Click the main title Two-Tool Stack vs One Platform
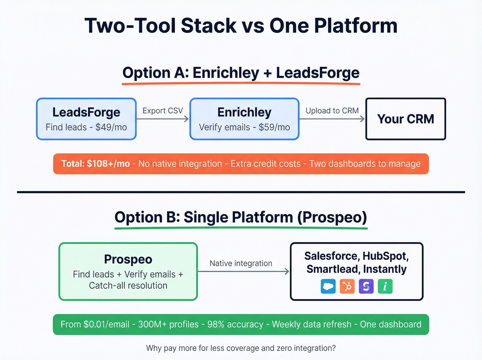point(241,25)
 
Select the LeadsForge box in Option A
point(86,119)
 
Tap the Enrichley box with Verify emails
point(244,119)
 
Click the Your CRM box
point(406,119)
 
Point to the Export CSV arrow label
point(163,111)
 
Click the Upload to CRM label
point(332,111)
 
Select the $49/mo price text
point(111,127)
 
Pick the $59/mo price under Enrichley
point(274,127)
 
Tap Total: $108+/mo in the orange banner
point(95,164)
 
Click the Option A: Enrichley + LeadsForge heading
point(241,73)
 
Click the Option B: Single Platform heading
point(241,217)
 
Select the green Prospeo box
point(128,271)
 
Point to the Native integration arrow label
point(241,263)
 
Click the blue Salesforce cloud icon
point(328,286)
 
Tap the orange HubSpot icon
point(347,286)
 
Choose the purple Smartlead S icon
point(366,286)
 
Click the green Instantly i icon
point(385,286)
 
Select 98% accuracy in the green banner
point(235,324)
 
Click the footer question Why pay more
point(241,348)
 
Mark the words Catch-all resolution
point(128,286)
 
